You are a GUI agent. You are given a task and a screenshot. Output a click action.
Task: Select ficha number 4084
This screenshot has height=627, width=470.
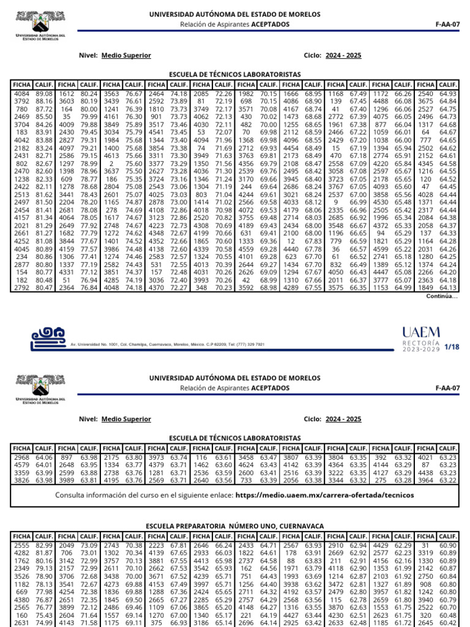[x=22, y=92]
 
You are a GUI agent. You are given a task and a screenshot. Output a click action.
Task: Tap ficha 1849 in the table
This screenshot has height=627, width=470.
[x=426, y=288]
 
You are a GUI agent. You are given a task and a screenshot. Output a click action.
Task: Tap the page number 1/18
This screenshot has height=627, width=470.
[x=451, y=347]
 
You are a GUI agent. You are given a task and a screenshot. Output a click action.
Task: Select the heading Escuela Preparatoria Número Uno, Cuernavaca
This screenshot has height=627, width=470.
[x=234, y=525]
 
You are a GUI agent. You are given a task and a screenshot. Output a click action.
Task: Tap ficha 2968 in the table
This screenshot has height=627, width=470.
[x=22, y=457]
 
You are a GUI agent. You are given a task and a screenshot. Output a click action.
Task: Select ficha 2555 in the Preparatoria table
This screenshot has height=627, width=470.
[x=22, y=545]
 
